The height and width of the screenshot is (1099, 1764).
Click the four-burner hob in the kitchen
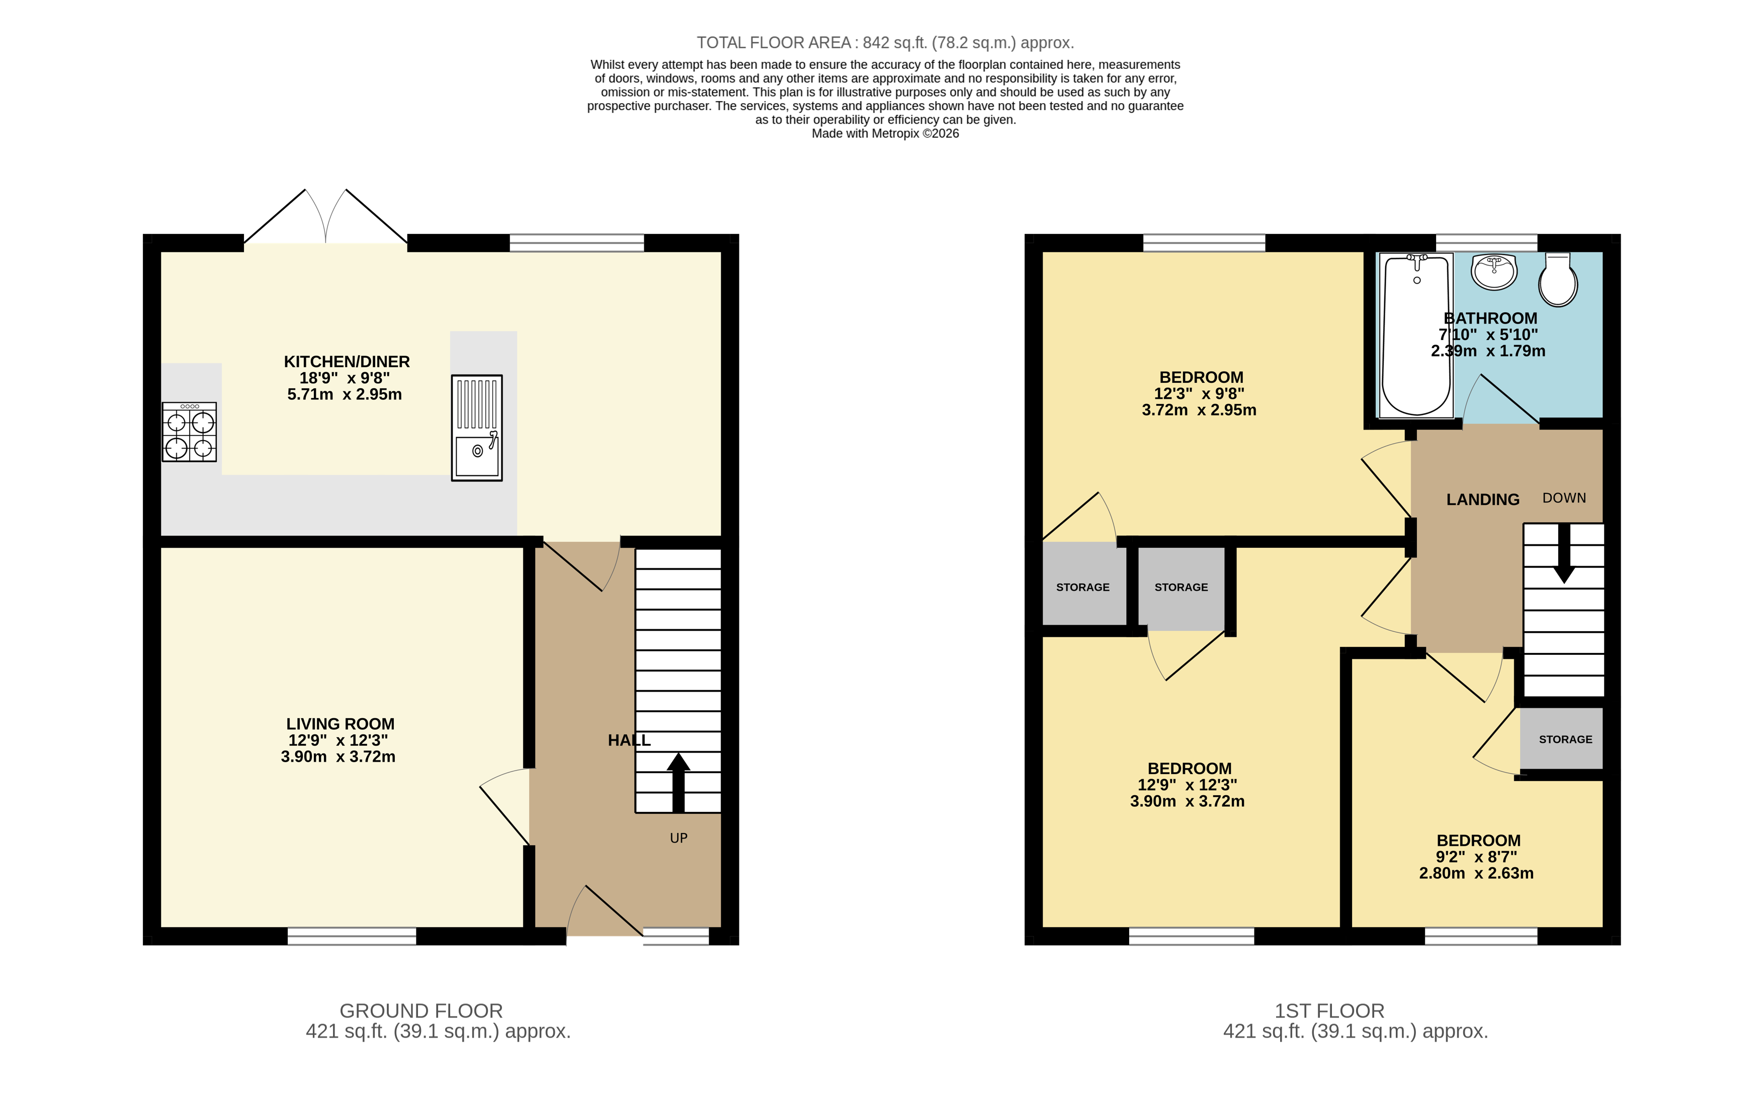tap(189, 432)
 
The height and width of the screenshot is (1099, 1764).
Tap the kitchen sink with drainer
tap(477, 428)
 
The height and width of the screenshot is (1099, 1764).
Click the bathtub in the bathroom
tap(1416, 336)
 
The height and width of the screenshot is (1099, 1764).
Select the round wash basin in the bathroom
tap(1493, 271)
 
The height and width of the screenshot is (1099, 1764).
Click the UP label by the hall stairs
tap(678, 838)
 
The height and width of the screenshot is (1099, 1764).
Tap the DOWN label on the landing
tap(1564, 498)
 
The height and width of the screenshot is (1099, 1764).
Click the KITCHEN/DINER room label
tap(347, 361)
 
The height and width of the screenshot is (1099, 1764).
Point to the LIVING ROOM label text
tap(340, 724)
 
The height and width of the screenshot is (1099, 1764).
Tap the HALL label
tap(629, 740)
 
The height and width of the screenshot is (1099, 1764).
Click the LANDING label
tap(1483, 499)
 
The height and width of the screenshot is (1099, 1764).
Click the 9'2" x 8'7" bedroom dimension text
tap(1476, 857)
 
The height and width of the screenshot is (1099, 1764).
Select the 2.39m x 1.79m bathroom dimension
tap(1488, 351)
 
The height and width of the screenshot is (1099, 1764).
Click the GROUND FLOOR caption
tap(421, 1011)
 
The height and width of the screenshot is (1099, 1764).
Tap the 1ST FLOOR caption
tap(1329, 1011)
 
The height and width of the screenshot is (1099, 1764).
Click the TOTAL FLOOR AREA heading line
tap(885, 43)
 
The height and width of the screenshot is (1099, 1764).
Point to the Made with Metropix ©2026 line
tap(885, 134)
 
